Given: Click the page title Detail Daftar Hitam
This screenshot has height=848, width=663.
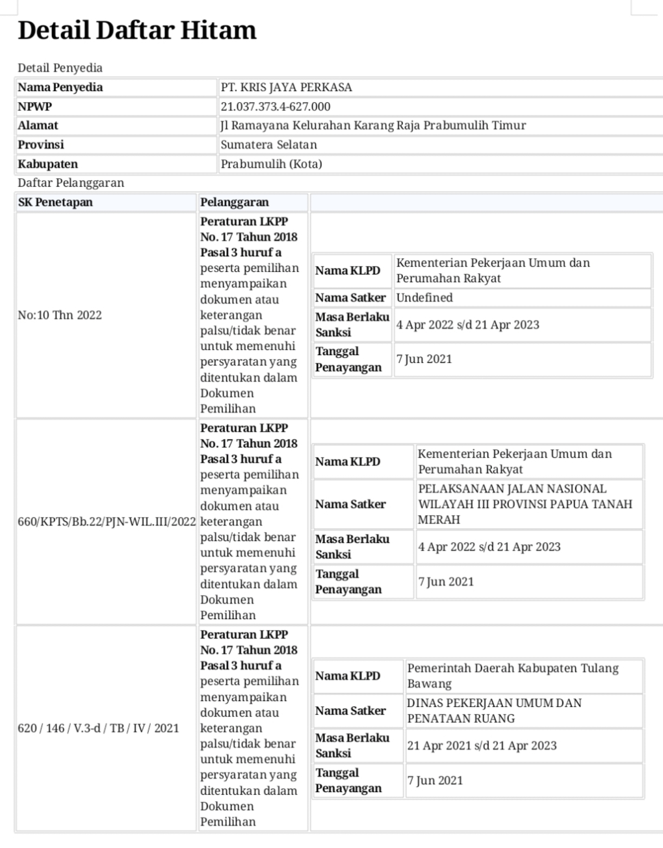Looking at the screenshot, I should [137, 31].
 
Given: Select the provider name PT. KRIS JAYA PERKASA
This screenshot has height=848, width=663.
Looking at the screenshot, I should [286, 87].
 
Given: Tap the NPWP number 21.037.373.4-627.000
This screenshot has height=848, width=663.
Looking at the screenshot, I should [276, 107].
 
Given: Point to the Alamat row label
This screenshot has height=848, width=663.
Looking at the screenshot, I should [38, 126].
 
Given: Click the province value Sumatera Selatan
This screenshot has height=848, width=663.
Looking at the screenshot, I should [268, 145].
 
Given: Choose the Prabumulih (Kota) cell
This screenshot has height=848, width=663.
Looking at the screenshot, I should [271, 164].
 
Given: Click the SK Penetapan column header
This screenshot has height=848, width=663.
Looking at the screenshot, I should [55, 202].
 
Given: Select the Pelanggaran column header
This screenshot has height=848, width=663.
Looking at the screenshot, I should [235, 202].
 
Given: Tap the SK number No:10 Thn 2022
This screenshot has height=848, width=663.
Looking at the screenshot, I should [60, 315].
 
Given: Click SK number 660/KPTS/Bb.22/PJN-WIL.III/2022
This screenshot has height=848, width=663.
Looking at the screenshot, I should [107, 522].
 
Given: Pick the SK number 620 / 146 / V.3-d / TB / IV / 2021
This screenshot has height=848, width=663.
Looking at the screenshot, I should [98, 728].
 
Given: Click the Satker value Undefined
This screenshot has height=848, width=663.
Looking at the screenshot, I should [424, 298].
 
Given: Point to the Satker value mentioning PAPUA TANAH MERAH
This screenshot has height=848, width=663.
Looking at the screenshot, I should [525, 504].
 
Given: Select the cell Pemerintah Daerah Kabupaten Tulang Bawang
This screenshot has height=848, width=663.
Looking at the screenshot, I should [512, 676].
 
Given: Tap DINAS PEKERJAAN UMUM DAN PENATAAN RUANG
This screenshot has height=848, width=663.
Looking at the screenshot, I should [494, 711].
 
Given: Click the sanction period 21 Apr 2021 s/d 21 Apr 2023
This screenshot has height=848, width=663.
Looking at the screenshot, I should [482, 746].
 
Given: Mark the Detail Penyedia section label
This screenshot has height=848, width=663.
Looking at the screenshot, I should [60, 68].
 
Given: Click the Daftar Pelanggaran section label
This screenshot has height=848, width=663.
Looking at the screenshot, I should [71, 183].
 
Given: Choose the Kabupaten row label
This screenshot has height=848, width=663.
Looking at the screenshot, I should [47, 164].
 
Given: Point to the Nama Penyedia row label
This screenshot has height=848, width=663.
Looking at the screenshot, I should [60, 87].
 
